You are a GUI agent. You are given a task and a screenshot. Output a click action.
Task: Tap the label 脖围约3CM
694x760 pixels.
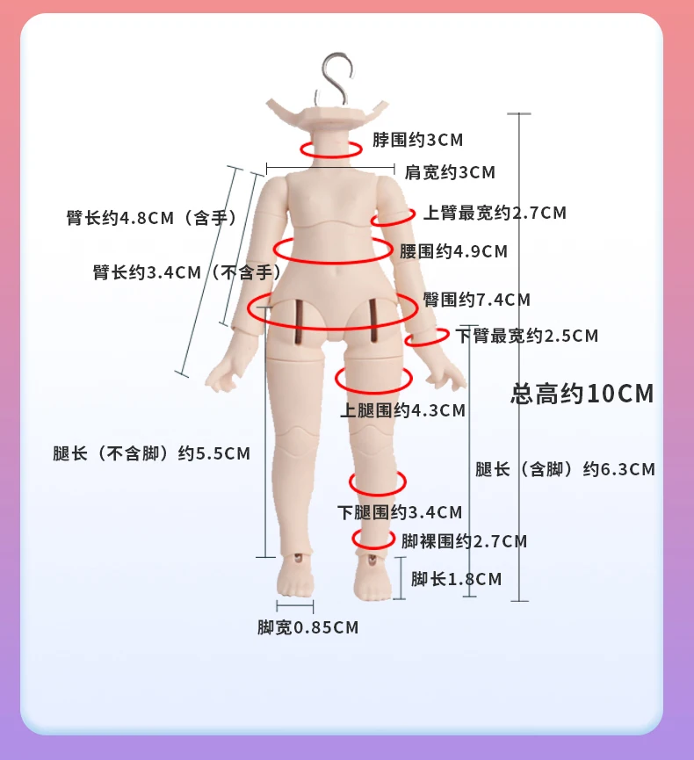[x=417, y=140]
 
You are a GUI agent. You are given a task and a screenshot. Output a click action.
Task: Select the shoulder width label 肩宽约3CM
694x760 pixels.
[x=450, y=173]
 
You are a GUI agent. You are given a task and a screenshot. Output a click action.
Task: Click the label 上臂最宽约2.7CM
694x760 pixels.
[x=495, y=213]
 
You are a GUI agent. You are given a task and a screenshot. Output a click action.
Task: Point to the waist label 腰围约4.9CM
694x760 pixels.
[x=453, y=251]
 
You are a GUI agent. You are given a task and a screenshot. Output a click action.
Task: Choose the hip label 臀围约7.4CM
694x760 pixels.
[x=476, y=300]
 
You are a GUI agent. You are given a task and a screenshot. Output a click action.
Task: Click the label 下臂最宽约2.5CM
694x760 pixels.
[x=526, y=336]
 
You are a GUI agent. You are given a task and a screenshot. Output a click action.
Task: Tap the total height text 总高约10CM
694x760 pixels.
[x=582, y=393]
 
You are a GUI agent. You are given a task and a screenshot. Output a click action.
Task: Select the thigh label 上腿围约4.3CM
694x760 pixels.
[x=402, y=409]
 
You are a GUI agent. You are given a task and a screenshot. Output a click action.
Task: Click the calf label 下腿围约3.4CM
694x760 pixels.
[x=400, y=511]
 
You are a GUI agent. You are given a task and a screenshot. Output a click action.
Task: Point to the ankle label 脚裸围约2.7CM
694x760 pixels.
[x=464, y=541]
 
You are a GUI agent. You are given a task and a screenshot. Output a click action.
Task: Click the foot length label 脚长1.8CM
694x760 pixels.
[x=456, y=579]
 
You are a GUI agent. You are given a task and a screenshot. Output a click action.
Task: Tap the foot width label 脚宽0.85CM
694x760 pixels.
[x=307, y=627]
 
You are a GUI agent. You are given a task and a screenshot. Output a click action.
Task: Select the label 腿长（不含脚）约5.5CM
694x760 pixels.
[x=151, y=453]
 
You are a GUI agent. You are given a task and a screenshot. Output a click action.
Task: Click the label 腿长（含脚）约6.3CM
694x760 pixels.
[x=565, y=469]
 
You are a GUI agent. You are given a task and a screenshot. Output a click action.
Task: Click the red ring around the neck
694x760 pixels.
[x=330, y=149]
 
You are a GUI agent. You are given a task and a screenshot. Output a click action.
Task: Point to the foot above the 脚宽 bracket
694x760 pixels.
[x=295, y=580]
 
